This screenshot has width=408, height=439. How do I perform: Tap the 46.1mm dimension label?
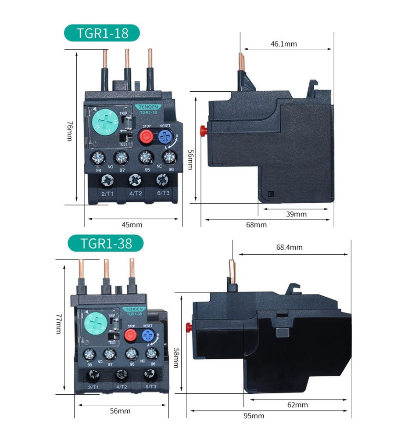tap(283, 44)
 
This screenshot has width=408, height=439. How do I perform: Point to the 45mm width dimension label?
tap(132, 225)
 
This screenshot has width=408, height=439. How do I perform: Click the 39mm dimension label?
tap(297, 214)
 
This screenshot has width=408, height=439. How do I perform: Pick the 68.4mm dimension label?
tap(289, 247)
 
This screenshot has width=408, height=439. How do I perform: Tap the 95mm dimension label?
tap(254, 416)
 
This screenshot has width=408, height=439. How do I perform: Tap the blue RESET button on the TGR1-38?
tap(147, 335)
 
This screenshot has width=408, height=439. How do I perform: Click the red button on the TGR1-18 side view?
tap(203, 130)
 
